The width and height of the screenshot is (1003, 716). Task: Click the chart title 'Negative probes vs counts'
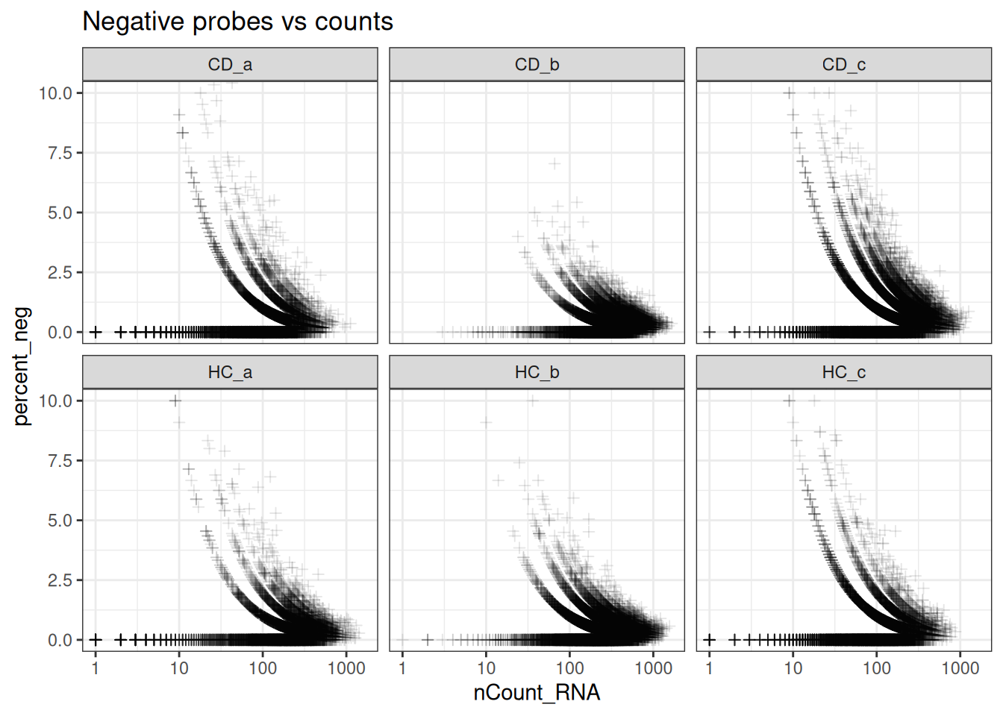237,22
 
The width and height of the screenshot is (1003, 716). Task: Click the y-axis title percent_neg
22,365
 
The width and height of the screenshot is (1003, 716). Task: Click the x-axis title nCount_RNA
537,693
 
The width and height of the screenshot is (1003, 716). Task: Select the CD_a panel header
230,65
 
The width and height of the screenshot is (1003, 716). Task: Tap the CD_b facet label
537,65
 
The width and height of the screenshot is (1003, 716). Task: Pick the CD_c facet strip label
843,65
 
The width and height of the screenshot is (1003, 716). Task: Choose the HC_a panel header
230,372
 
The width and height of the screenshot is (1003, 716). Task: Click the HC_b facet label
537,372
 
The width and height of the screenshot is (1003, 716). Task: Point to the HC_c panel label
843,372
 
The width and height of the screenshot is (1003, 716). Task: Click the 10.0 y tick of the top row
55,93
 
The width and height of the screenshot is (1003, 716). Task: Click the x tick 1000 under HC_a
346,668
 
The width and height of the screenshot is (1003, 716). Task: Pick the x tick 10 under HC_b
486,668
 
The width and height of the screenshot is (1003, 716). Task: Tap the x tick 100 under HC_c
876,668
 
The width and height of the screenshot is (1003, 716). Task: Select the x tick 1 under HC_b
402,668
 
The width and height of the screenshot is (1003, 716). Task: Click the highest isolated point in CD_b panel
554,163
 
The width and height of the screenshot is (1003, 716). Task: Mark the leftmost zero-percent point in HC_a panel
96,640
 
